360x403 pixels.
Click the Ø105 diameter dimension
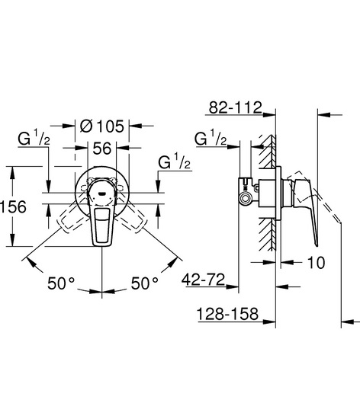tap(102, 126)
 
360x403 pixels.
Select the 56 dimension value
tap(102, 149)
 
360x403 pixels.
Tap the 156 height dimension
tap(13, 206)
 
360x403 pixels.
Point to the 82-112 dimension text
tap(235, 107)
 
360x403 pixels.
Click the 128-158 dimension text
tap(227, 314)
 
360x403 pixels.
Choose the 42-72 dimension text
tap(204, 280)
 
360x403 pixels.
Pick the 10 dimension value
tap(317, 263)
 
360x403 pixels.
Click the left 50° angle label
tap(61, 283)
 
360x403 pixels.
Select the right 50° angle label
tap(145, 283)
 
